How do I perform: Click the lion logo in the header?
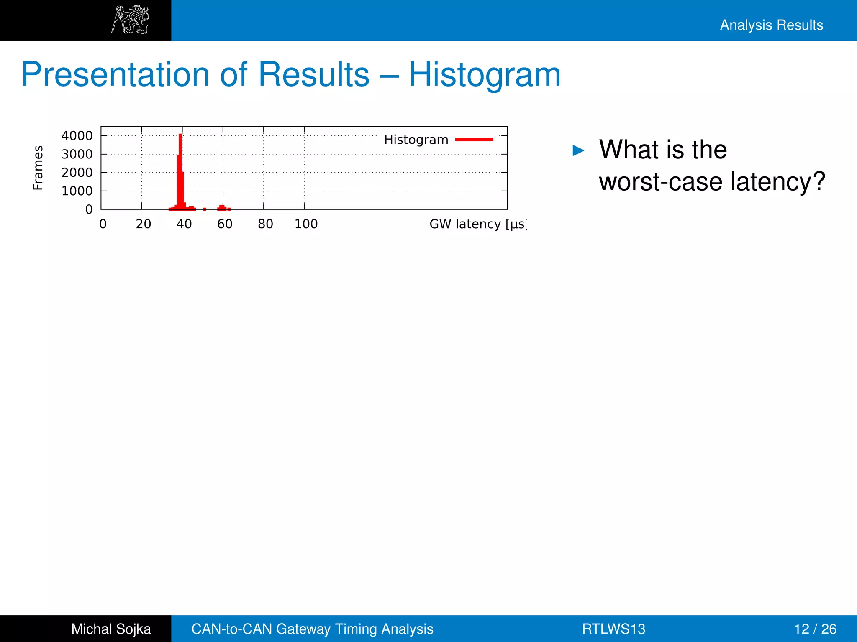pyautogui.click(x=130, y=20)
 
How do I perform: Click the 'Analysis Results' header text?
pyautogui.click(x=771, y=25)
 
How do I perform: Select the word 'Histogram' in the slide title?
pyautogui.click(x=484, y=75)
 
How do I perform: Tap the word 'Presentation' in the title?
pyautogui.click(x=115, y=75)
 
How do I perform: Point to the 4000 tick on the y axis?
pyautogui.click(x=77, y=136)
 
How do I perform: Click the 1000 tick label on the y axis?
pyautogui.click(x=77, y=191)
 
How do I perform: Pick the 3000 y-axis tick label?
pyautogui.click(x=77, y=154)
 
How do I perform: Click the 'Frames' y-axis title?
pyautogui.click(x=38, y=168)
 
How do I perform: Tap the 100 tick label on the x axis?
pyautogui.click(x=306, y=224)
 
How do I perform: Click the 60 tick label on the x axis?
pyautogui.click(x=225, y=224)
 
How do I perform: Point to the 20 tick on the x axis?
pyautogui.click(x=144, y=224)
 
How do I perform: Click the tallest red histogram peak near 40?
pyautogui.click(x=180, y=167)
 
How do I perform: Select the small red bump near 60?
pyautogui.click(x=222, y=207)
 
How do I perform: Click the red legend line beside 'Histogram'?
pyautogui.click(x=474, y=140)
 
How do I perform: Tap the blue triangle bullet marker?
pyautogui.click(x=578, y=150)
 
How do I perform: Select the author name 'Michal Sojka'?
pyautogui.click(x=111, y=629)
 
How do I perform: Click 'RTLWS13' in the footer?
pyautogui.click(x=613, y=629)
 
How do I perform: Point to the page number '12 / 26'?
pyautogui.click(x=815, y=629)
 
